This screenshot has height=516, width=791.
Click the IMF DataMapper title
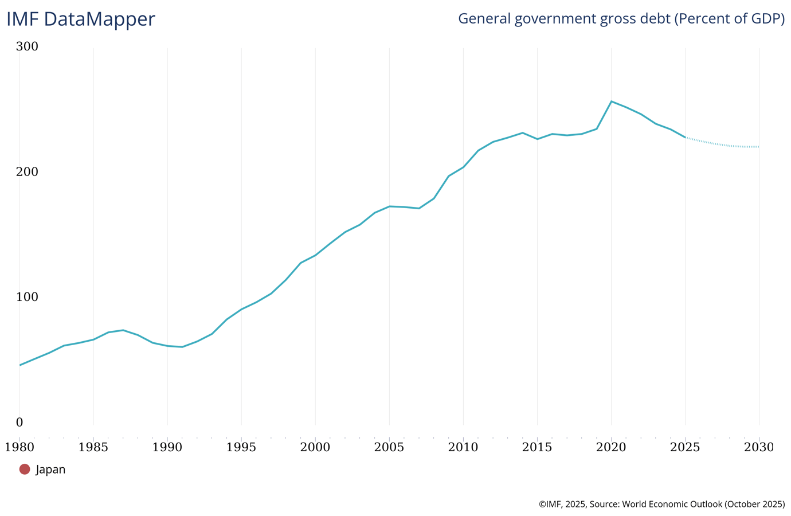(x=81, y=19)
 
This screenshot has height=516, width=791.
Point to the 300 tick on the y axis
(x=27, y=46)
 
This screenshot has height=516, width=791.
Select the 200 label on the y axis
(x=27, y=172)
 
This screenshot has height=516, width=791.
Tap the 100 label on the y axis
(x=27, y=297)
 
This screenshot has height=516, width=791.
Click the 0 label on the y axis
(x=19, y=423)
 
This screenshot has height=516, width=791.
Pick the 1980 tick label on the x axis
(x=19, y=447)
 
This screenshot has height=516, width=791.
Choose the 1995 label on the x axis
(x=241, y=447)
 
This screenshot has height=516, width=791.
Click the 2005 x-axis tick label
(x=389, y=447)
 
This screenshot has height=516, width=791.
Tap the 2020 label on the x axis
(x=611, y=447)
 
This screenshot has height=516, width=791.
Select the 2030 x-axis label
(x=758, y=447)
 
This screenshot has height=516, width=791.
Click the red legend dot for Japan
(x=25, y=469)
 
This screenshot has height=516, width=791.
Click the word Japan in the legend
(x=50, y=470)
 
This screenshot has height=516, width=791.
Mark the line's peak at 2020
(x=612, y=101)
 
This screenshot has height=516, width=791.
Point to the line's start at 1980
(x=20, y=365)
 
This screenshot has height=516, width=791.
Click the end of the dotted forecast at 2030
(x=759, y=147)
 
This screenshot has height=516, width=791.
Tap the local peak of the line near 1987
(x=123, y=330)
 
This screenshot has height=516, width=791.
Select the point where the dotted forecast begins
(x=686, y=138)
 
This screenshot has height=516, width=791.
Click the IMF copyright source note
(x=661, y=504)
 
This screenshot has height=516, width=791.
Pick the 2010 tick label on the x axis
(x=463, y=447)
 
